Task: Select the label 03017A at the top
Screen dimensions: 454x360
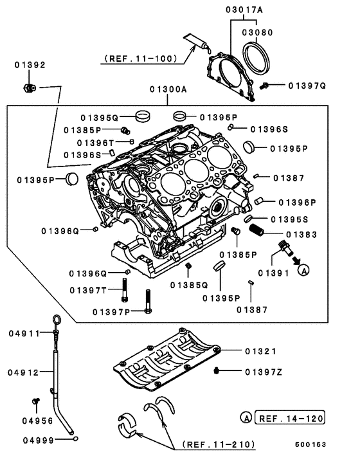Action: (x=244, y=9)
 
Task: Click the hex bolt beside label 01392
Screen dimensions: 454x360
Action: (x=29, y=87)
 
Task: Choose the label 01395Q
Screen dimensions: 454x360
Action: (x=100, y=118)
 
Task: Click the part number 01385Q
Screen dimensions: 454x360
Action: (x=189, y=284)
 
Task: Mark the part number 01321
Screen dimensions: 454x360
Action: (x=260, y=351)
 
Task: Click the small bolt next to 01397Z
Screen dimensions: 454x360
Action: (x=218, y=371)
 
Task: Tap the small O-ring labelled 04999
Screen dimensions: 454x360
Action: (x=76, y=439)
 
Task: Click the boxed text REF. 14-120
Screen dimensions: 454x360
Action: (x=290, y=418)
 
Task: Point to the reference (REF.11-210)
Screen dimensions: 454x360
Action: (x=219, y=444)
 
